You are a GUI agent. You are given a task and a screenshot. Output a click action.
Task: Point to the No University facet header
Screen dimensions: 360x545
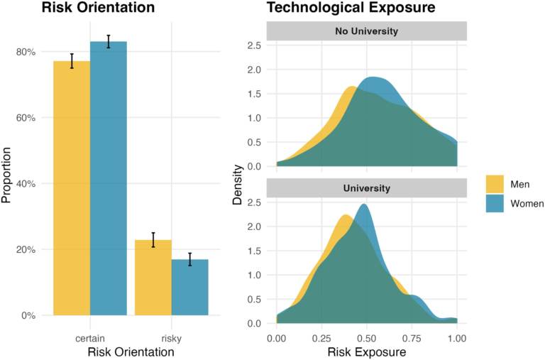pyautogui.click(x=366, y=31)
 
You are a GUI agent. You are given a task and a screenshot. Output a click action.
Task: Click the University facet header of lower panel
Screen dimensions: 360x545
pyautogui.click(x=366, y=188)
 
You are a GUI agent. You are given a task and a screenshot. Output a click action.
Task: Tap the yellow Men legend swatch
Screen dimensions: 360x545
pyautogui.click(x=495, y=184)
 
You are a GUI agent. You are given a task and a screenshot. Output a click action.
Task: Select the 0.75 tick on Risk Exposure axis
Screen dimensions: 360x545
pyautogui.click(x=412, y=338)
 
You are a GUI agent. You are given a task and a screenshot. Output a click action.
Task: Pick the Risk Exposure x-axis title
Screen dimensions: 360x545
pyautogui.click(x=366, y=351)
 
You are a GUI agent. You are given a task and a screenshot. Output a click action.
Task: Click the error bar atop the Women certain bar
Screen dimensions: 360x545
pyautogui.click(x=109, y=41)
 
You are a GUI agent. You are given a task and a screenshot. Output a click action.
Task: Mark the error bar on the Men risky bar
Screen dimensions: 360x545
pyautogui.click(x=153, y=240)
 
